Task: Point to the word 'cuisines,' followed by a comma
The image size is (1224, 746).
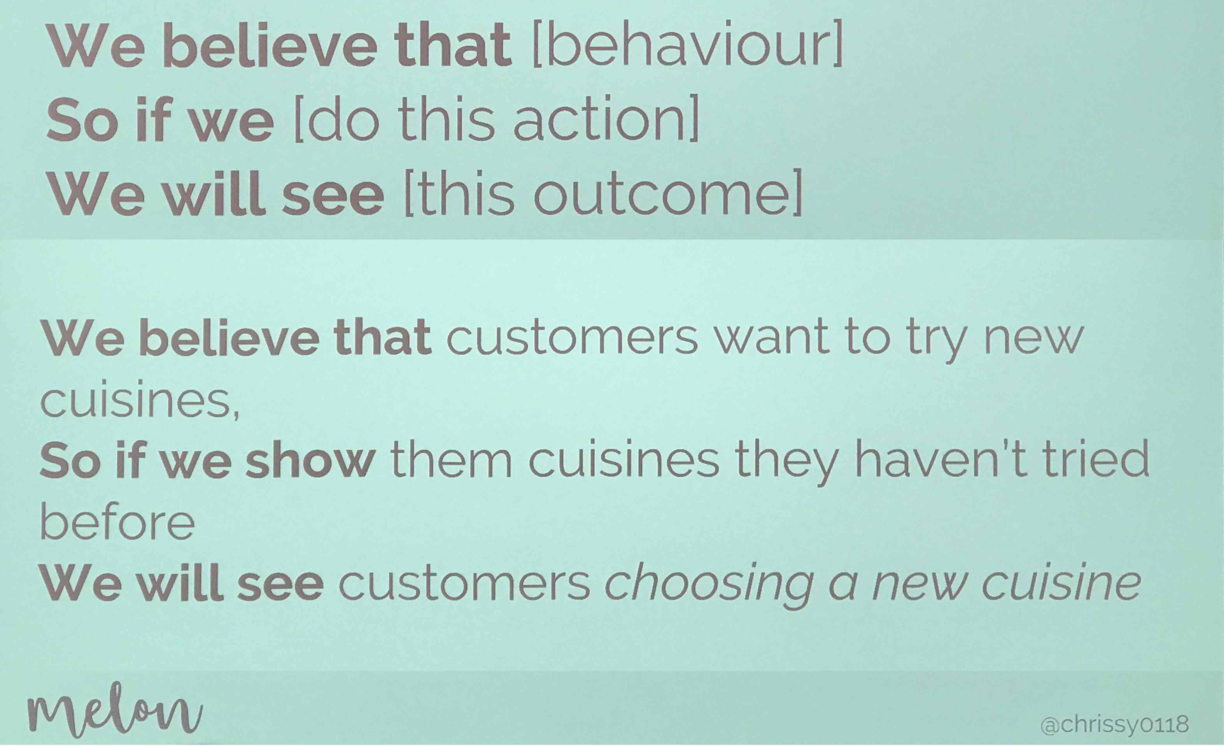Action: pyautogui.click(x=140, y=400)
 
